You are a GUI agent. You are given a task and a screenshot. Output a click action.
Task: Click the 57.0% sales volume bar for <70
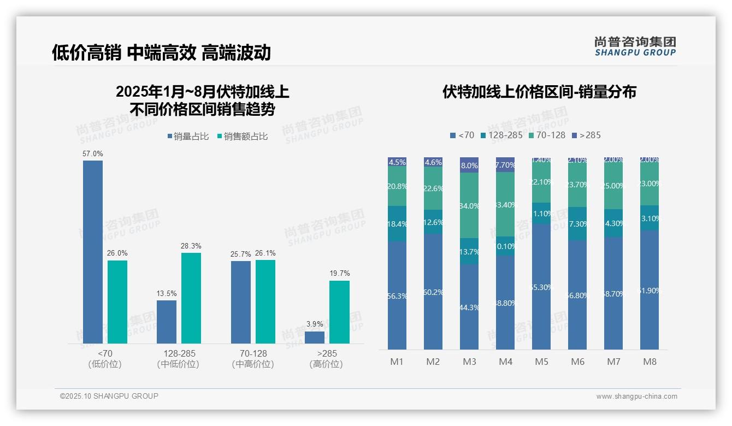(92, 251)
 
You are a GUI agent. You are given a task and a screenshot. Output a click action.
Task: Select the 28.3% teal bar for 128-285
(191, 298)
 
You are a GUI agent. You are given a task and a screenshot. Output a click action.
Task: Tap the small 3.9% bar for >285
(314, 338)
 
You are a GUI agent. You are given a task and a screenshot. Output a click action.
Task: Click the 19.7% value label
(339, 273)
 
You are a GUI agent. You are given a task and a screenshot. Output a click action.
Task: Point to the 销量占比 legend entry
(188, 137)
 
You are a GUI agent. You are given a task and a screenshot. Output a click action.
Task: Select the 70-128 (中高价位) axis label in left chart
(253, 359)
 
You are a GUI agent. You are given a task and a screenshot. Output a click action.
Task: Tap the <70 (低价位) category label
(105, 359)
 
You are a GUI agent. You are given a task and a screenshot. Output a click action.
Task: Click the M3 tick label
(469, 362)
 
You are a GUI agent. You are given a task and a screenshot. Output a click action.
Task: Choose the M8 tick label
(650, 362)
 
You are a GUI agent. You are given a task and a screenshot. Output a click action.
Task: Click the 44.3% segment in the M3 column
(469, 307)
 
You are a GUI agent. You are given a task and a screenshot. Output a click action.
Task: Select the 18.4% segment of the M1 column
(397, 224)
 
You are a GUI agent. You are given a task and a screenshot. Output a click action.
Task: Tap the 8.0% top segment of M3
(469, 165)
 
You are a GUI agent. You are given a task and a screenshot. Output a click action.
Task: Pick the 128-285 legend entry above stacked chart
(501, 135)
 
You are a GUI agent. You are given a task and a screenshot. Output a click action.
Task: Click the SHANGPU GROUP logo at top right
(635, 46)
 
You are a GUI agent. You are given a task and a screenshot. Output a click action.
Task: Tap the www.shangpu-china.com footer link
(636, 397)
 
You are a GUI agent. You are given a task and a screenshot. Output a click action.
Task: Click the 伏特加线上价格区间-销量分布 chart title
(539, 92)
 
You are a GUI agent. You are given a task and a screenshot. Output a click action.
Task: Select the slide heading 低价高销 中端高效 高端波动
(161, 52)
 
